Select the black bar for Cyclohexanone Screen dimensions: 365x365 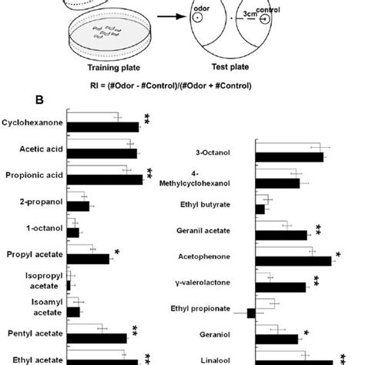103,127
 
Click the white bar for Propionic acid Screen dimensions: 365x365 101,170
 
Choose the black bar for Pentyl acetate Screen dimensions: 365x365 97,337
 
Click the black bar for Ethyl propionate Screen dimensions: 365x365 251,313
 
